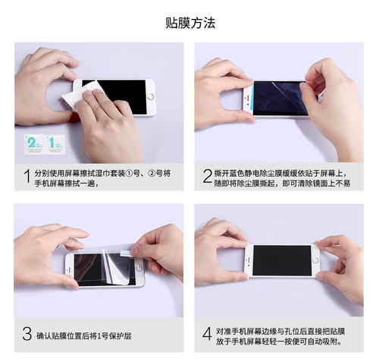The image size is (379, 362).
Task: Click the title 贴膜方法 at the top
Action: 190,23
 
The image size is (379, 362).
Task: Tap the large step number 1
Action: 27,176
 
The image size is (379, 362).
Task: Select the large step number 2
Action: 207,176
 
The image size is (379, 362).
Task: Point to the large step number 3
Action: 27,334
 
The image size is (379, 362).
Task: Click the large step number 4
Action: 207,334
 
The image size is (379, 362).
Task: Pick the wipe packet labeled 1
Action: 55,144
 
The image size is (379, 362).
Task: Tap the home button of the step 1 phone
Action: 151,97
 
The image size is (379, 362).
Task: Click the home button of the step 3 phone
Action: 139,268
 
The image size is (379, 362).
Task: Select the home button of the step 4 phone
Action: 315,260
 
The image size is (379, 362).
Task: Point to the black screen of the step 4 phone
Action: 282,260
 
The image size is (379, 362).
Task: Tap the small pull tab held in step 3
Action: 126,253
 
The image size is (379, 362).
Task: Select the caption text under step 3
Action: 83,336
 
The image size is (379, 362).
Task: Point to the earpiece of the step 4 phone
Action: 249,260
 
